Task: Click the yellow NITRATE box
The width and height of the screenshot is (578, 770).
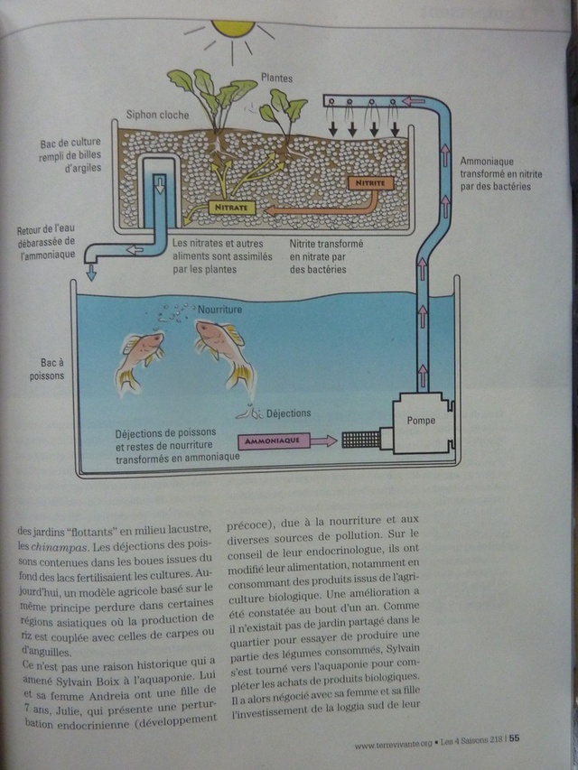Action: coord(232,208)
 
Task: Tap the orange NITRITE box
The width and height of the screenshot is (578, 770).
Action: coord(370,183)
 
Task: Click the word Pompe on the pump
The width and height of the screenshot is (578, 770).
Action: coord(421,421)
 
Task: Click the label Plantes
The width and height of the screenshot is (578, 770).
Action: coord(276,78)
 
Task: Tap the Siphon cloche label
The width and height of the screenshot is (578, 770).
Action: coord(157,115)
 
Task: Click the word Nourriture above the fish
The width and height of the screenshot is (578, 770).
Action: coord(219,310)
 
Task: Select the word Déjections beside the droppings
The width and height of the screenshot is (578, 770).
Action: coord(288,413)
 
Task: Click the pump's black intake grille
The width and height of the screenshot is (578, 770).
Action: coord(360,440)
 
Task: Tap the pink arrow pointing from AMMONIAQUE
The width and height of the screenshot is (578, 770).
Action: coord(323,441)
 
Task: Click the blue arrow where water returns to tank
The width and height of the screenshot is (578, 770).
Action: coord(91,272)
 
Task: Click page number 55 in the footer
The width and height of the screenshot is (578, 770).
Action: coord(514,738)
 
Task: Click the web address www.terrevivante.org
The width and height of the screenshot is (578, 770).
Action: coord(393,744)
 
